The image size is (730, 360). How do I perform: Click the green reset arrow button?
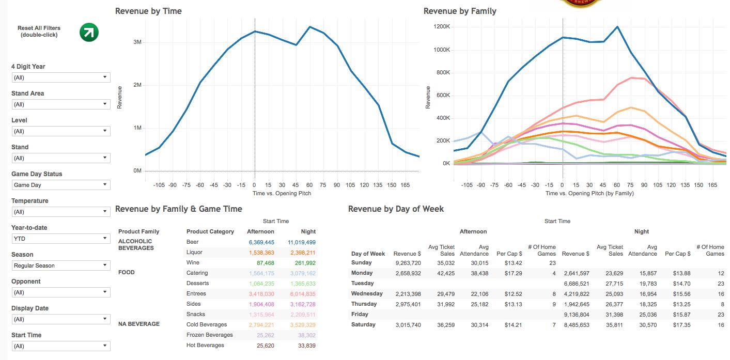(89, 32)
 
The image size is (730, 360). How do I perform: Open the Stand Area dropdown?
(60, 104)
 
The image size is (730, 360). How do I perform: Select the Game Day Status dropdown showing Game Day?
(60, 185)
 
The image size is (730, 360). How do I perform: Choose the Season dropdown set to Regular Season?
(60, 265)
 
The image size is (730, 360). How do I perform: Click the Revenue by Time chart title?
(148, 11)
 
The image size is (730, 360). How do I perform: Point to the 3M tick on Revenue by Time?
(137, 42)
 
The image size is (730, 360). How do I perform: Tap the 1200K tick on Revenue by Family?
(442, 27)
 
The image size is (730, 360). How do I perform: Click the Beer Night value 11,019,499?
(301, 242)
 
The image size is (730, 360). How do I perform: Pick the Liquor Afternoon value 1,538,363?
(261, 253)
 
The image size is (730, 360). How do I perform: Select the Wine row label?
(193, 263)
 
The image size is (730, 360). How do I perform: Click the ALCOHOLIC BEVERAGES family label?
(135, 244)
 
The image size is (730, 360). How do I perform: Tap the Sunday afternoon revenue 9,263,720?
(407, 263)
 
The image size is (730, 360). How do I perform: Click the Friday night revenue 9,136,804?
(576, 315)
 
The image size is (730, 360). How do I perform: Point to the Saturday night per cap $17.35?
(681, 325)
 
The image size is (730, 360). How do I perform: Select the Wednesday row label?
(366, 294)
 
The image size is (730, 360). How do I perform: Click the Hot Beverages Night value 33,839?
(306, 346)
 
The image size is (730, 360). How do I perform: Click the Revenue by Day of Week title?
(396, 209)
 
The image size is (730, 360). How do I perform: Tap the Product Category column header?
(210, 231)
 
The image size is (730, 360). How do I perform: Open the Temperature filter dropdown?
(60, 212)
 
